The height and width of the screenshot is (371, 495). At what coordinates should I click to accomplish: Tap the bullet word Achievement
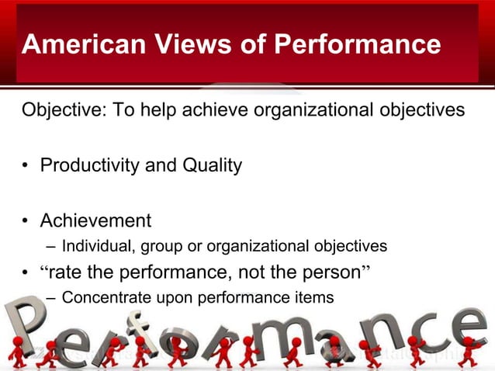pyautogui.click(x=95, y=221)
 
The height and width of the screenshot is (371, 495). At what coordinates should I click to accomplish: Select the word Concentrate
pyautogui.click(x=101, y=297)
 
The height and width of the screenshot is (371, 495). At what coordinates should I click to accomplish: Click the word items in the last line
pyautogui.click(x=317, y=297)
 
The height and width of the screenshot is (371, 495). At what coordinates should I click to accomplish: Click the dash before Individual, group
pyautogui.click(x=50, y=247)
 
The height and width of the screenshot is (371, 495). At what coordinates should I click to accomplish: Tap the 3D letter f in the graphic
pyautogui.click(x=139, y=330)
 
